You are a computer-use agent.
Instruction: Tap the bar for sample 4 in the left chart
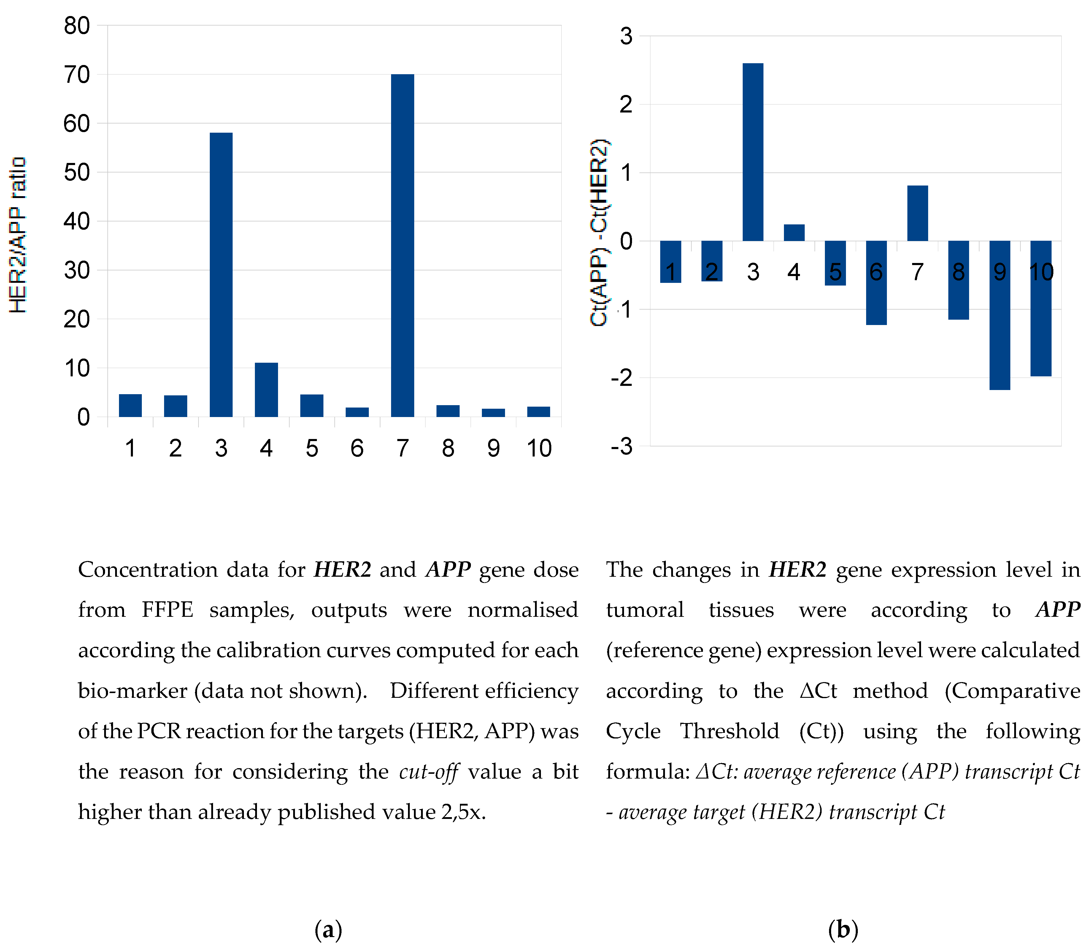pos(266,389)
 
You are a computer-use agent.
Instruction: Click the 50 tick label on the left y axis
pos(77,172)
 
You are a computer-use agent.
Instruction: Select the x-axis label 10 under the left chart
pos(539,448)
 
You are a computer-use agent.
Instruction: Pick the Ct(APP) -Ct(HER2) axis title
pos(599,232)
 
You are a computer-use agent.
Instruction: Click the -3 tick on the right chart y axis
pos(622,446)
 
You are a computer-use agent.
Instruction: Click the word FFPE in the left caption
pos(167,610)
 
